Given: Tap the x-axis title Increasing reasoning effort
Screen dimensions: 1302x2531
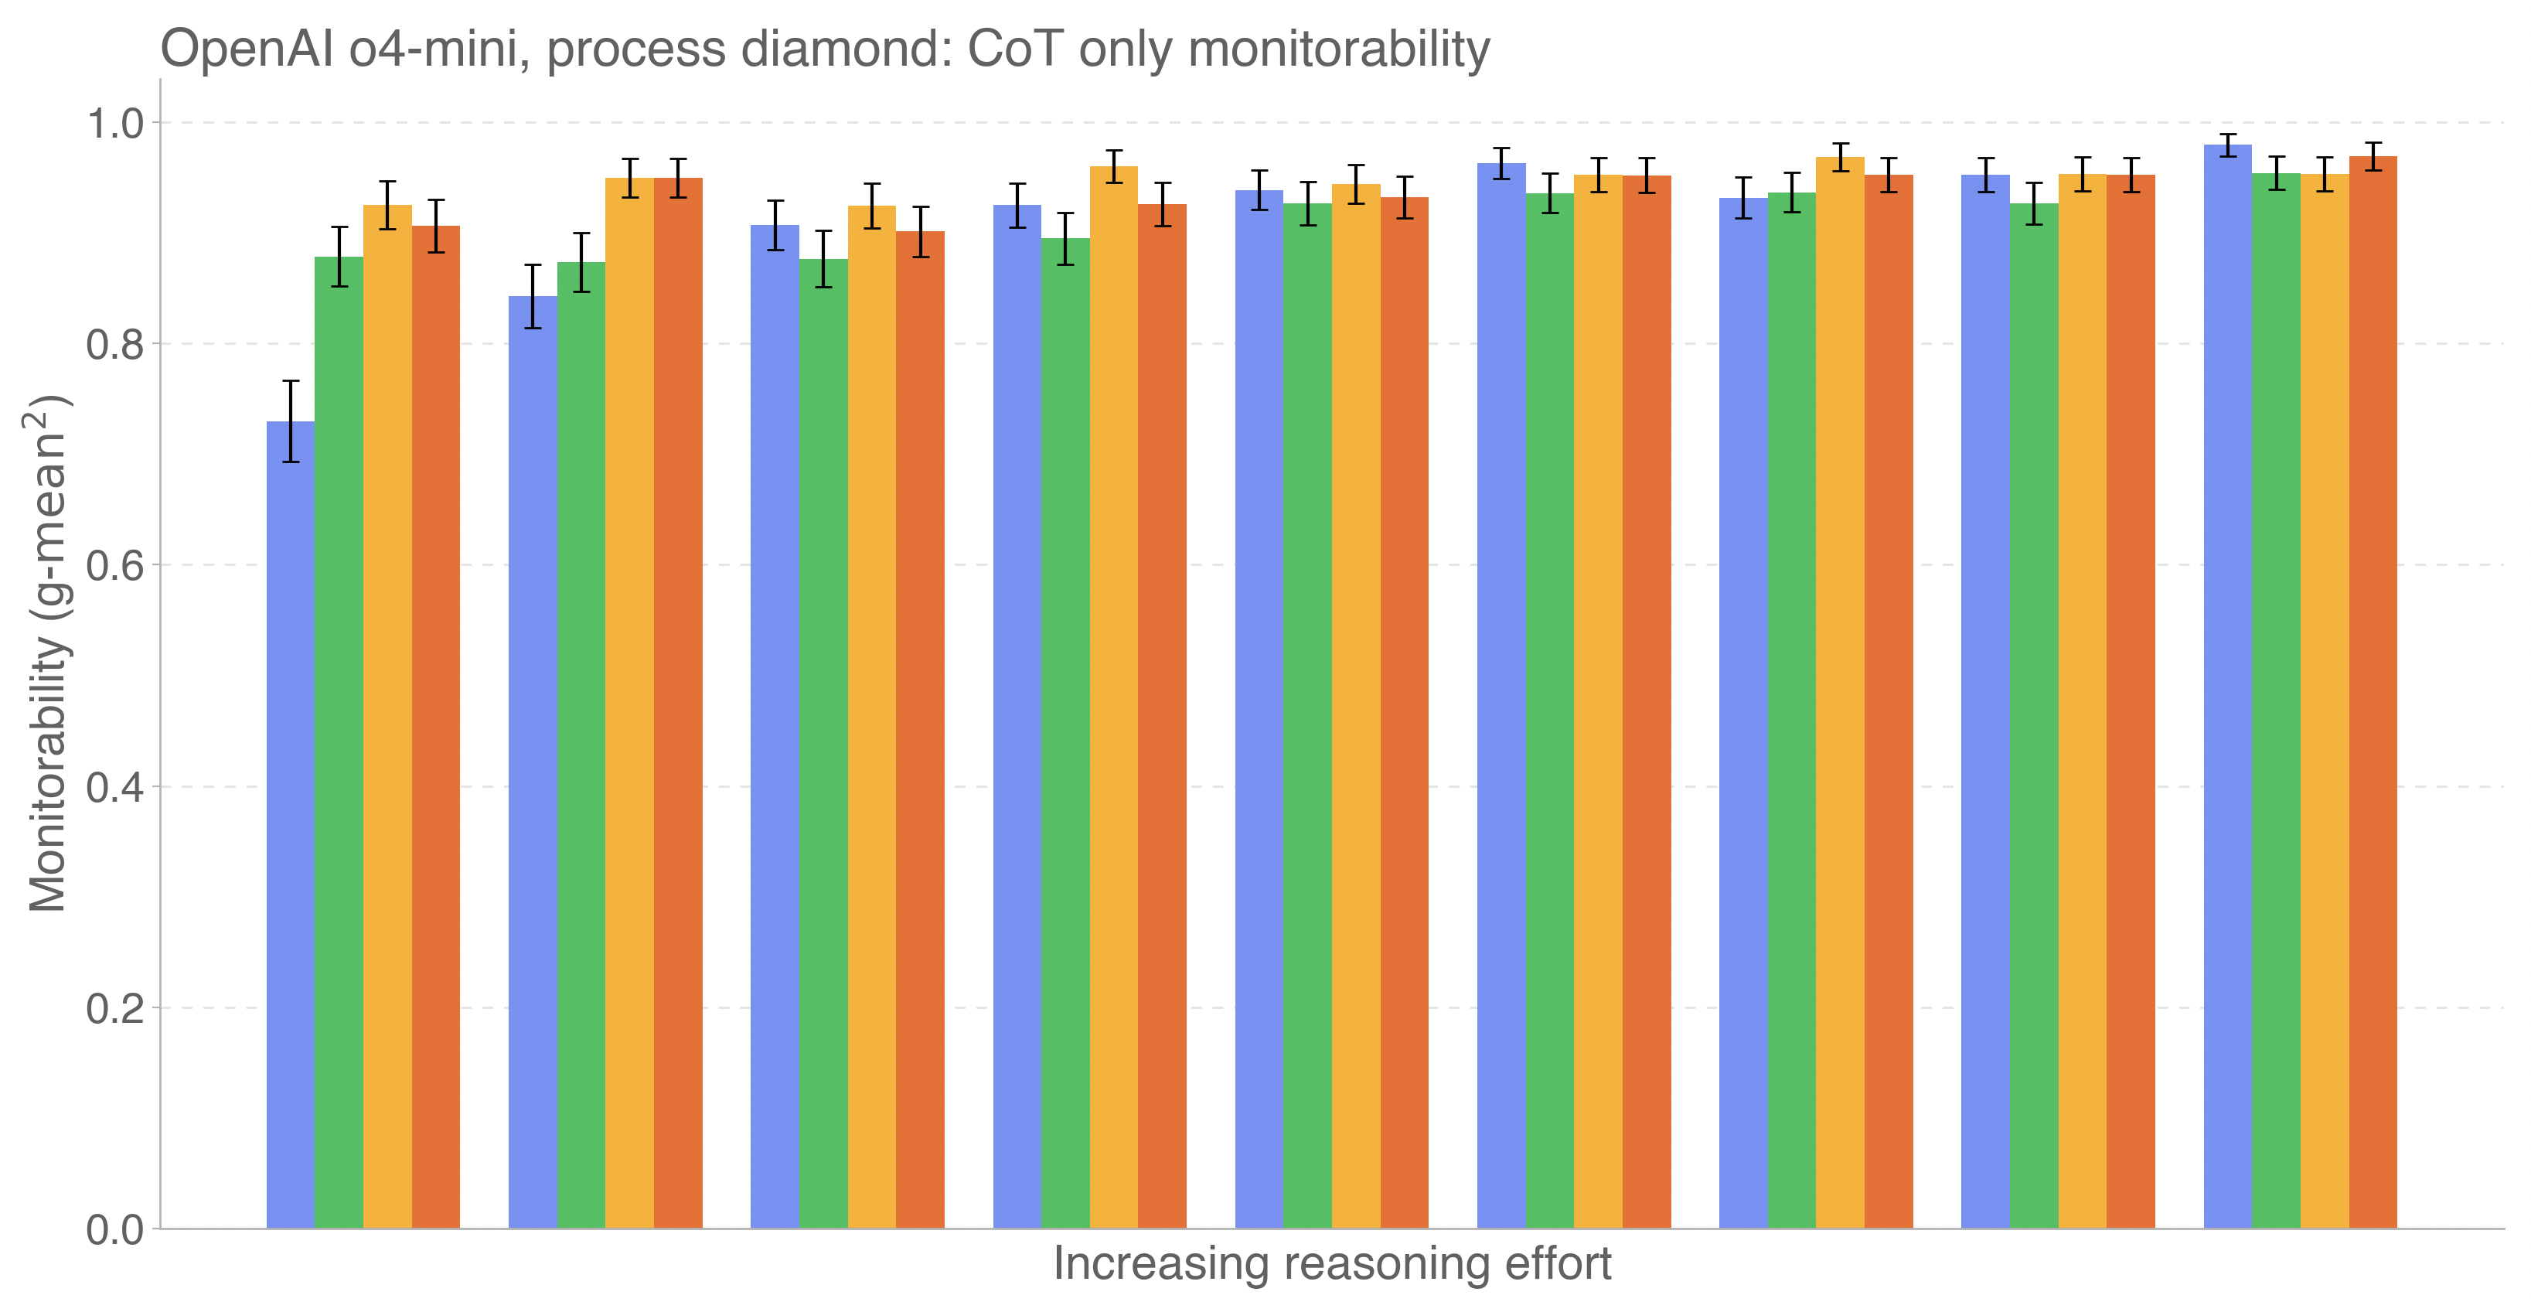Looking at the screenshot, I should click(1331, 1263).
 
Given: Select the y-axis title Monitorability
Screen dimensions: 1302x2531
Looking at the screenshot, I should click(47, 653).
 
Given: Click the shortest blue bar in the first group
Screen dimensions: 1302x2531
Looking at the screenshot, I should click(291, 826).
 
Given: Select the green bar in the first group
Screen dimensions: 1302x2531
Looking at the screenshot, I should click(339, 742).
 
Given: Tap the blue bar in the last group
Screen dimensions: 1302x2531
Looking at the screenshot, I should click(2227, 688).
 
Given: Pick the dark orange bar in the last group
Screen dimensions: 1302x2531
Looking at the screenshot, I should click(2373, 693).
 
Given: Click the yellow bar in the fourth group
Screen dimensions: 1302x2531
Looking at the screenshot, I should click(1114, 697).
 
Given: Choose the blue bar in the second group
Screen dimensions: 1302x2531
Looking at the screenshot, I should click(533, 762).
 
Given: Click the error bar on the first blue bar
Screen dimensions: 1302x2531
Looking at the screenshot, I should click(291, 421).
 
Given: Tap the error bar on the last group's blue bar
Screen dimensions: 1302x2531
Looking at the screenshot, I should click(2227, 145).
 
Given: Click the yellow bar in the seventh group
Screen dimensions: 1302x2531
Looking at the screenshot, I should click(1841, 693).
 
